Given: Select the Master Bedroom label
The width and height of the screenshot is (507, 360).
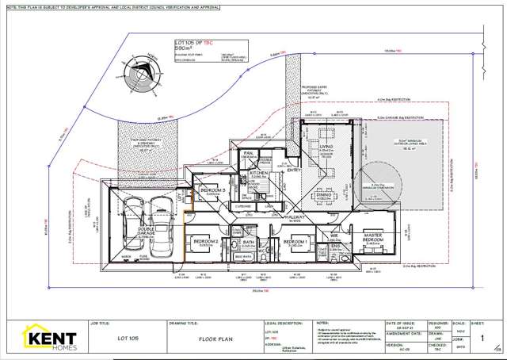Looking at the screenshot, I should click(373, 237).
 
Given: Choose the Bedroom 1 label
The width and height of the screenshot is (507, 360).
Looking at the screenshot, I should click(295, 243).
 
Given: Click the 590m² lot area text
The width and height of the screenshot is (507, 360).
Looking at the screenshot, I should click(185, 48).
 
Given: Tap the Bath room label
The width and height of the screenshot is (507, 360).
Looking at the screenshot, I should click(248, 243).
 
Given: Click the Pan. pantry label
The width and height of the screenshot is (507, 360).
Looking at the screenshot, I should click(248, 153).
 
